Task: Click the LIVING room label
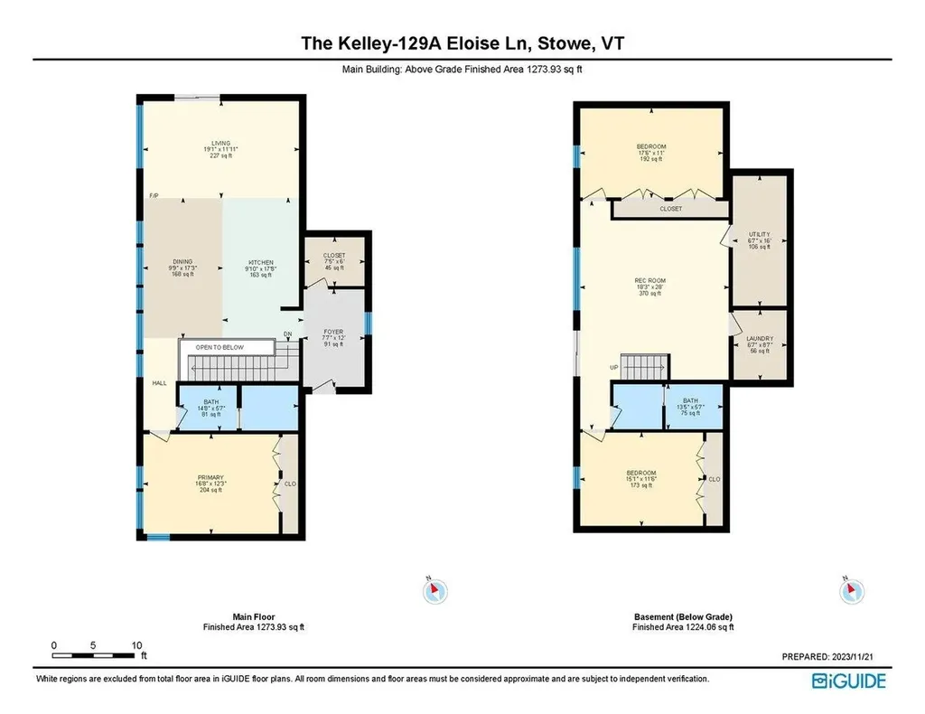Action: (221, 143)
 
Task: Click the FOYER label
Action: (334, 332)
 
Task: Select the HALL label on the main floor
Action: (159, 383)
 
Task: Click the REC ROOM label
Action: (650, 281)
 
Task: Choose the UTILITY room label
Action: (759, 234)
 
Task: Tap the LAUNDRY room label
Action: (759, 338)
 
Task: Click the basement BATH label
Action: (691, 401)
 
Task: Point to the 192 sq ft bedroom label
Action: (651, 147)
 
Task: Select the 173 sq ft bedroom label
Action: (640, 474)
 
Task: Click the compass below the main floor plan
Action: (434, 591)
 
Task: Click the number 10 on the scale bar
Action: (137, 645)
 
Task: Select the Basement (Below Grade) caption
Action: (683, 617)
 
